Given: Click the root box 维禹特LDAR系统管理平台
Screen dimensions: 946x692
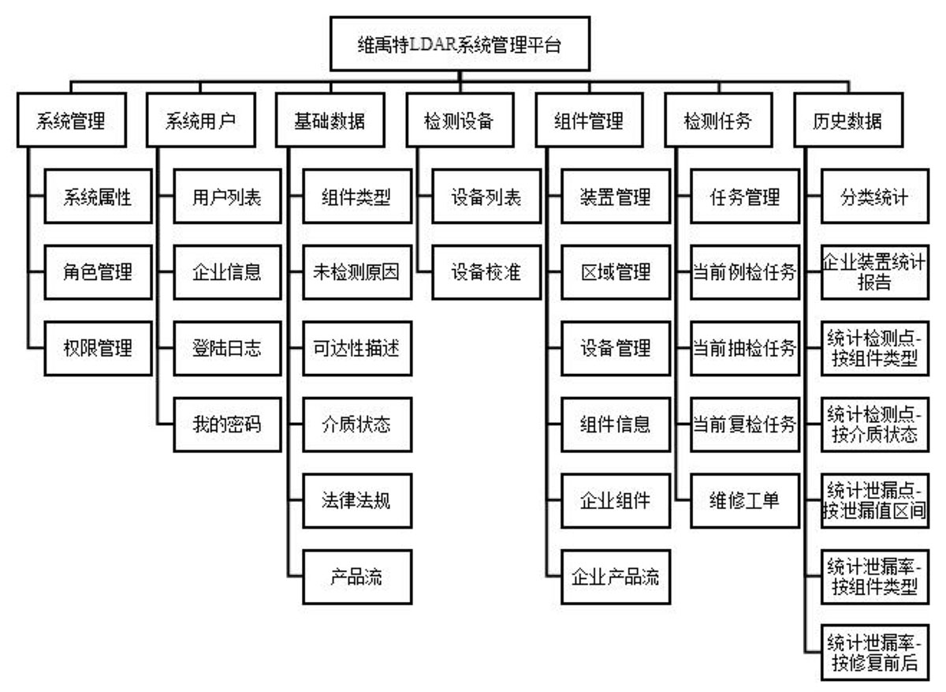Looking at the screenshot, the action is coord(460,44).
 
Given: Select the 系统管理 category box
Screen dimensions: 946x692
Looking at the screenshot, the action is coord(72,121).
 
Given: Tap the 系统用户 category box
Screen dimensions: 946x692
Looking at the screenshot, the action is coord(201,121).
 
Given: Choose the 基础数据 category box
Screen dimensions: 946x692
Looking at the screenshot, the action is coord(330,121).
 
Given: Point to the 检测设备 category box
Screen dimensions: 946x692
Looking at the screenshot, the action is coord(460,121).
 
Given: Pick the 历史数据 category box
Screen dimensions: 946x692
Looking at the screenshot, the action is coord(848,121).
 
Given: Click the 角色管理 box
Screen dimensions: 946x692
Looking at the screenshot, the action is coord(98,272).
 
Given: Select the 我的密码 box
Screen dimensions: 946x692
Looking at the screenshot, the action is coord(227,425).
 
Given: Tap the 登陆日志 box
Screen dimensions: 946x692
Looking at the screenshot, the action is coord(227,348).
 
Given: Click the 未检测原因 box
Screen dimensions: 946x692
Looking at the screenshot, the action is coord(357,272).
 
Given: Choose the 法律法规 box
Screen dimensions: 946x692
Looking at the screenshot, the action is coord(357,501).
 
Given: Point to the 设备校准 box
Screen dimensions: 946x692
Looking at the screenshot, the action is coord(486,272).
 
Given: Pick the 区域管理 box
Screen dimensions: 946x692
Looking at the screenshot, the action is coord(616,272).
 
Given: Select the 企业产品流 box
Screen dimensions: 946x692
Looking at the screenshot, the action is coord(616,577).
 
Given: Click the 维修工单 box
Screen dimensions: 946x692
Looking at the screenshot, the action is coord(745,501).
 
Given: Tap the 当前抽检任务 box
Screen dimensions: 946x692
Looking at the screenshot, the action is coord(745,348).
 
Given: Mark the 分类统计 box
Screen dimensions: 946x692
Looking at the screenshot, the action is coord(875,196).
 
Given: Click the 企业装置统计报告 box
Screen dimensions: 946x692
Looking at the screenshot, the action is coord(875,272).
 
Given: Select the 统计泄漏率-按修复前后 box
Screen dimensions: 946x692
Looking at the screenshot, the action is coord(875,653).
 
